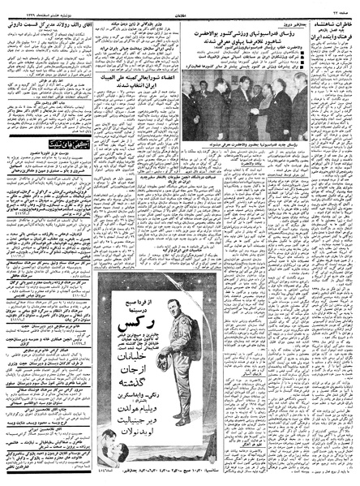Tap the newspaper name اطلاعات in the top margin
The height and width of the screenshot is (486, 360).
[x=181, y=6]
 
